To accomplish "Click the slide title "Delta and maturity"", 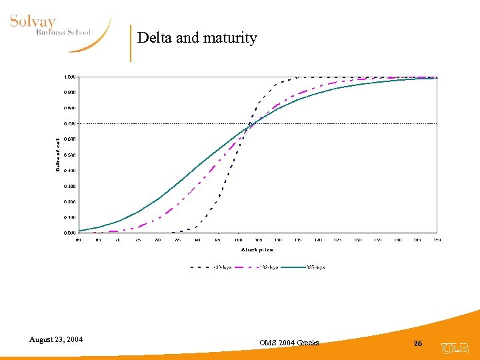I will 197,38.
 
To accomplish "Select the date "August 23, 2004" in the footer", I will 56,340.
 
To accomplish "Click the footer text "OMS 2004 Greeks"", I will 289,343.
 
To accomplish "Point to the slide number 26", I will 418,343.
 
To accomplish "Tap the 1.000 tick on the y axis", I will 69,77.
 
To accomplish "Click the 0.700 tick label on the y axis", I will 69,123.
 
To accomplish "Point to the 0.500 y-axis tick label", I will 69,155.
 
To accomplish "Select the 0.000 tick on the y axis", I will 69,233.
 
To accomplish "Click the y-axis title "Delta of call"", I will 58,155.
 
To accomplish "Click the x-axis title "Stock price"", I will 257,250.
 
